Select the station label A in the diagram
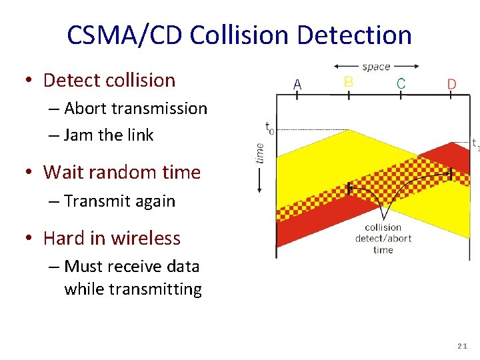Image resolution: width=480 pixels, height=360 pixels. [x=297, y=85]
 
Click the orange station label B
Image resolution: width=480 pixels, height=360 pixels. [x=348, y=82]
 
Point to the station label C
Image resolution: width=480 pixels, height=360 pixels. [x=401, y=83]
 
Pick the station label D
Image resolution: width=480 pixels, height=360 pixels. [x=451, y=85]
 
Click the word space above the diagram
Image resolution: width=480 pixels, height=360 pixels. [x=376, y=67]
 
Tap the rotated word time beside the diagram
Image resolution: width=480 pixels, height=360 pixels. [x=260, y=153]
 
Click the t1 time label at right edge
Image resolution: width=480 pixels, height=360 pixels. [x=475, y=143]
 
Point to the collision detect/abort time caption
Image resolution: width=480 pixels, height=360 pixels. [x=383, y=239]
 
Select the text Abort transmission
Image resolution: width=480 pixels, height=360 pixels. [x=136, y=109]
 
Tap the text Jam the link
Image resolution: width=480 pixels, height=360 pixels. [x=109, y=135]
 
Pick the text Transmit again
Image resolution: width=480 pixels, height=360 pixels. [x=120, y=201]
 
